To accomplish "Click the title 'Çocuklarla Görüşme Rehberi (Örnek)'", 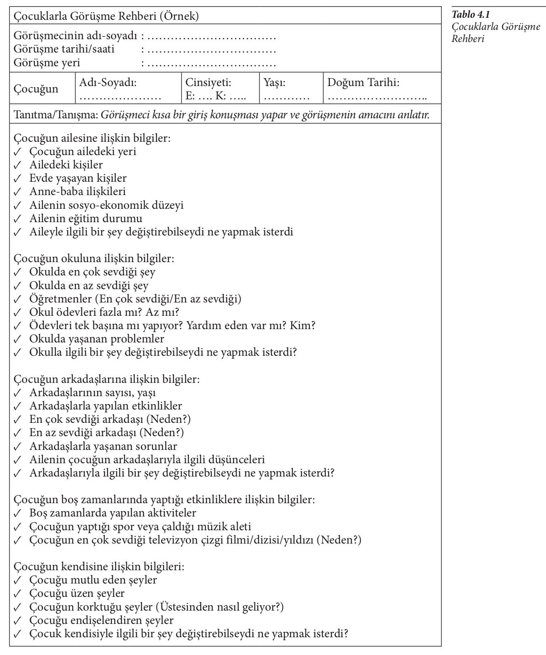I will point(106,16).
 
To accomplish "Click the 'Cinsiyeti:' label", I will point(208,83).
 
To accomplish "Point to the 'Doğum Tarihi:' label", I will point(363,83).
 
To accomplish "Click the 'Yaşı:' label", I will point(275,83).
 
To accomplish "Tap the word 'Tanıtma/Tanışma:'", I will point(56,115).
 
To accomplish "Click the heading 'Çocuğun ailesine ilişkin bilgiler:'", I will point(92,138).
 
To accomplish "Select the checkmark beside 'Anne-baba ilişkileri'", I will point(17,192).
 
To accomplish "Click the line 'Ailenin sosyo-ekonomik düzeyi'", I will point(106,205).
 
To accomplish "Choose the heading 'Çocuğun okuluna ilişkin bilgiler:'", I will point(94,258).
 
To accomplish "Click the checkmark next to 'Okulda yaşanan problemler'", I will point(17,339).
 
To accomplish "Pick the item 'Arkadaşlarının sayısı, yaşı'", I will point(93,393).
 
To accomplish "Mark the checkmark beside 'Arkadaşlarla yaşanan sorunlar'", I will point(17,447).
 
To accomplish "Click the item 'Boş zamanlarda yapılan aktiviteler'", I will point(112,513).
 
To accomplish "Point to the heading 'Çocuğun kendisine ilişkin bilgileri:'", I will point(99,566).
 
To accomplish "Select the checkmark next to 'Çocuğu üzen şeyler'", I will point(17,594).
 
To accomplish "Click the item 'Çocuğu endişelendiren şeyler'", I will point(101,620).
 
